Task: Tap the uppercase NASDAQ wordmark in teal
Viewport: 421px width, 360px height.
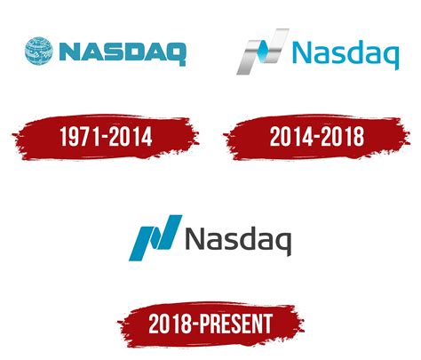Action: pos(122,52)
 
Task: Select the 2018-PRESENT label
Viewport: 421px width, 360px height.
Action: pos(210,322)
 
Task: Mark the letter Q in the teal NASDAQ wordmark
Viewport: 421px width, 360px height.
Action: pos(175,52)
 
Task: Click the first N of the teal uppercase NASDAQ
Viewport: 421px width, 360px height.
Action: pos(70,52)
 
